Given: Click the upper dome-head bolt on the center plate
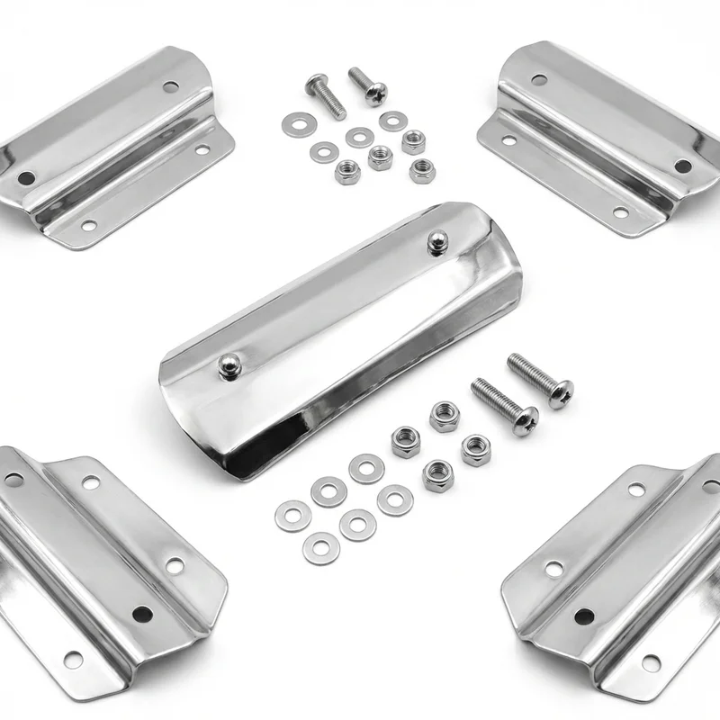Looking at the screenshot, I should pos(438,240).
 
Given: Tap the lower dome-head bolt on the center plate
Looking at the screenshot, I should pos(229,364).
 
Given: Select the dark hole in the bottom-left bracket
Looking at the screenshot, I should pos(142,614).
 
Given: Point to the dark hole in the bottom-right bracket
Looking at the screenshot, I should pos(584,616).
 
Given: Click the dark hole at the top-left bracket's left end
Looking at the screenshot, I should pos(26,178).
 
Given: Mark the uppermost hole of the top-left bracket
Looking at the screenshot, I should pos(170,87).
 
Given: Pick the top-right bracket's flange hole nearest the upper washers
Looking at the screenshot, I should pos(508,140).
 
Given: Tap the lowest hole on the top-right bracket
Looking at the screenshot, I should pos(620,212).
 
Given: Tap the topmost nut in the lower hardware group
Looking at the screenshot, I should pos(444,416).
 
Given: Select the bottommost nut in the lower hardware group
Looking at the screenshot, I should pos(438,474).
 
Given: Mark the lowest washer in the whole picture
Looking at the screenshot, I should pos(321,548).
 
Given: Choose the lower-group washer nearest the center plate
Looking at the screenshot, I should pos(366,468).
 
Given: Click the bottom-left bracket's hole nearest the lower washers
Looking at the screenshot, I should pos(175,565).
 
